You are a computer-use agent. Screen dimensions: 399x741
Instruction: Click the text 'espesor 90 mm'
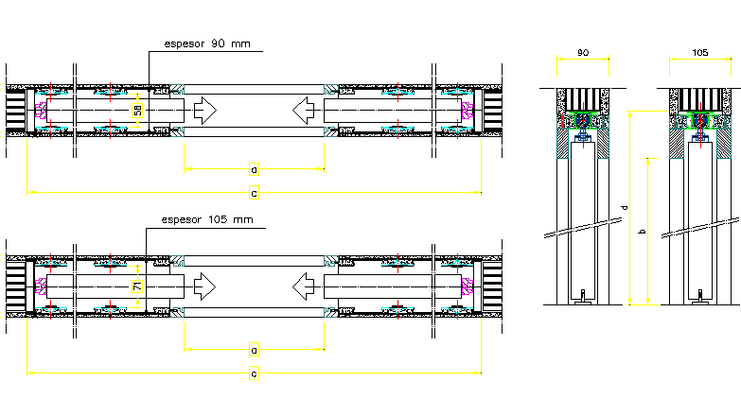(x=206, y=43)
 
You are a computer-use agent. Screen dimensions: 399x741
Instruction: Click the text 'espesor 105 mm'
(x=206, y=220)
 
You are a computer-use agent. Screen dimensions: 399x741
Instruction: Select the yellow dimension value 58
(x=138, y=111)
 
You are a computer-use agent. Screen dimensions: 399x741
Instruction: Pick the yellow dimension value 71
(x=138, y=286)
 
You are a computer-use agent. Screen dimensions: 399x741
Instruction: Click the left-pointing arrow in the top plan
(x=305, y=111)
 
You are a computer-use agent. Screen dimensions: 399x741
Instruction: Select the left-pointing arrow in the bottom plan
(x=305, y=285)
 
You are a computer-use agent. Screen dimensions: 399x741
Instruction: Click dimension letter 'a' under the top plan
(x=254, y=170)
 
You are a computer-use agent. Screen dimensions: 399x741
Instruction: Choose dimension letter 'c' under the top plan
(x=254, y=194)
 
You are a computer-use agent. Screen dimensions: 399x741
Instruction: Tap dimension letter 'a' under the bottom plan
(x=254, y=350)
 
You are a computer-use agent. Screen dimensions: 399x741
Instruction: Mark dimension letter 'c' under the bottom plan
(x=254, y=374)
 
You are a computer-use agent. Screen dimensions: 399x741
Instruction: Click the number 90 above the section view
(x=583, y=52)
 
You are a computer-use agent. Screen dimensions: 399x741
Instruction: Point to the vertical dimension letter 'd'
(x=624, y=207)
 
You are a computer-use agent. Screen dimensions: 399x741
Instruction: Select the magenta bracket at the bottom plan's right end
(x=465, y=286)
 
